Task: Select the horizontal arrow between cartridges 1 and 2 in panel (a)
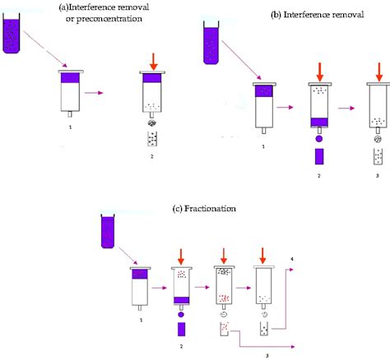(x=104, y=93)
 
